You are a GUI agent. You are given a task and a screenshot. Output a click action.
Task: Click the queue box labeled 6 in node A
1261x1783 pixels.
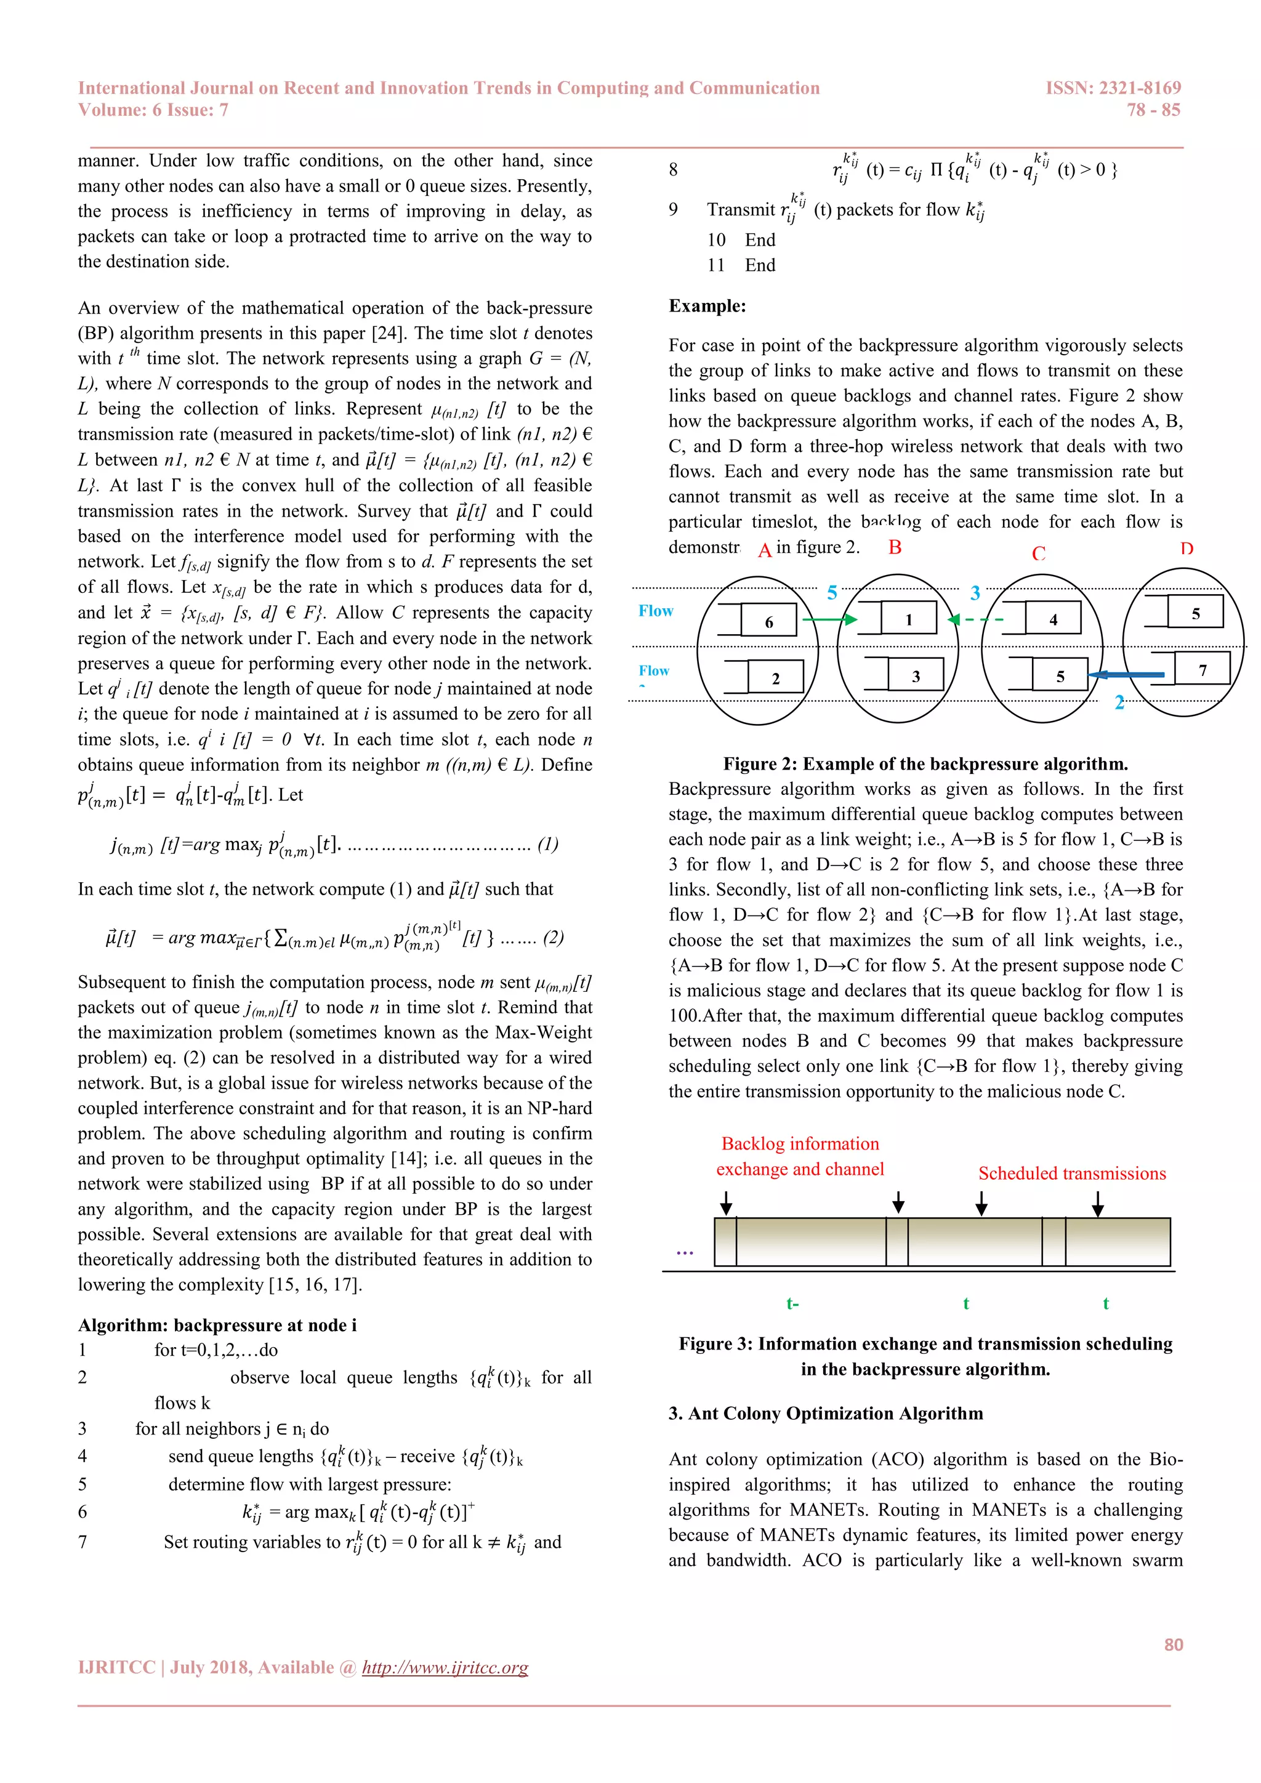click(768, 621)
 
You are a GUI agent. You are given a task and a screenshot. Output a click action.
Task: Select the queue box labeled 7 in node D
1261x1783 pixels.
click(1202, 669)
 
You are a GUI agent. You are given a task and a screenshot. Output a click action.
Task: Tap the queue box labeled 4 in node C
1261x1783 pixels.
click(1053, 619)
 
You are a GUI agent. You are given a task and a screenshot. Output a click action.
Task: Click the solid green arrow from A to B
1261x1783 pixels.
click(829, 619)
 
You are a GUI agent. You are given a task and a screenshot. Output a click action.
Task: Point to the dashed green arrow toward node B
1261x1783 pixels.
click(976, 619)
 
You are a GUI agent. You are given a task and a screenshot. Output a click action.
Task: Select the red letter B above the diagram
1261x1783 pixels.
click(895, 547)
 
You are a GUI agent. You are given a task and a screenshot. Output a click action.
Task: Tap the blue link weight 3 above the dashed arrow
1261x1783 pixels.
click(975, 594)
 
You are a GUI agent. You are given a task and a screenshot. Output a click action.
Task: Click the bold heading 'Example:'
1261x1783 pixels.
click(707, 306)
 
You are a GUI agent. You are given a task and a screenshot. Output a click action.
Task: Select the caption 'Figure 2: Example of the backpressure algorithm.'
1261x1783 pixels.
click(925, 763)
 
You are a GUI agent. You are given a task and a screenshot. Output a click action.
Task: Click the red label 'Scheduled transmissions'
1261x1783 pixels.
click(1071, 1173)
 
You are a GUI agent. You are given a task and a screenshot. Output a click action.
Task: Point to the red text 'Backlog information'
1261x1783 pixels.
click(800, 1143)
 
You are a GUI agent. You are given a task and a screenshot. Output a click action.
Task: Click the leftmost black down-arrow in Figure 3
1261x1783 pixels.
click(725, 1203)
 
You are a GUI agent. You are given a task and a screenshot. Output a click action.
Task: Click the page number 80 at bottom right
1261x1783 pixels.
click(1173, 1644)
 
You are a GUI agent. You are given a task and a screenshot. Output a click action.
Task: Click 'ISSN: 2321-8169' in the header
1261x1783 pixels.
click(1113, 88)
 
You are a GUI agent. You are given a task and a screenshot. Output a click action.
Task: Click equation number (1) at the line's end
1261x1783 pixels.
click(547, 844)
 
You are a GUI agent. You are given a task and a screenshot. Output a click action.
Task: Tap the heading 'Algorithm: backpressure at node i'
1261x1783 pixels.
click(217, 1325)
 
